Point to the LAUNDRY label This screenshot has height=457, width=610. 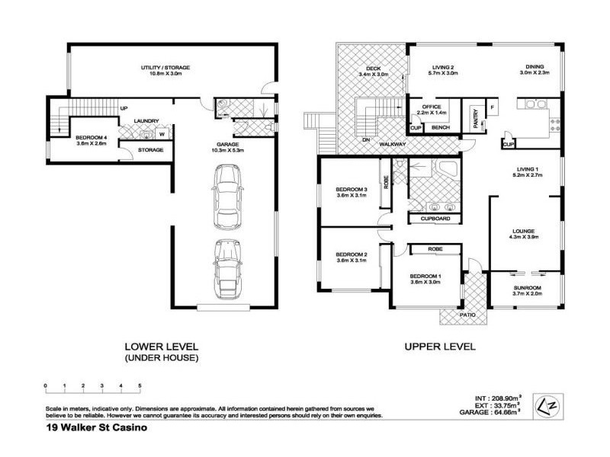pyautogui.click(x=146, y=120)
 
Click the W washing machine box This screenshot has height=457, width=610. pyautogui.click(x=162, y=135)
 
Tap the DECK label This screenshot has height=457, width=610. pyautogui.click(x=373, y=69)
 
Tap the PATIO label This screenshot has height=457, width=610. pyautogui.click(x=467, y=313)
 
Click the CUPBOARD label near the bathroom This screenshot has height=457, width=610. pyautogui.click(x=435, y=219)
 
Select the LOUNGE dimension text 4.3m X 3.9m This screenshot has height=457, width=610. pyautogui.click(x=524, y=237)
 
